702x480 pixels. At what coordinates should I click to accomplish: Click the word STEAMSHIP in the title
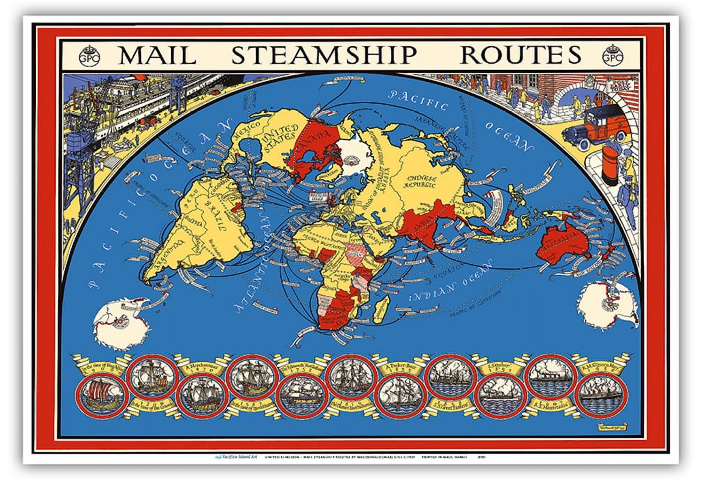(x=324, y=55)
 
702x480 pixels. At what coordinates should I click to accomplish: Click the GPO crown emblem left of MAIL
(x=89, y=56)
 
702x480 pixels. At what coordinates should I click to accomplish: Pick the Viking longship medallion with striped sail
(x=102, y=397)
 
